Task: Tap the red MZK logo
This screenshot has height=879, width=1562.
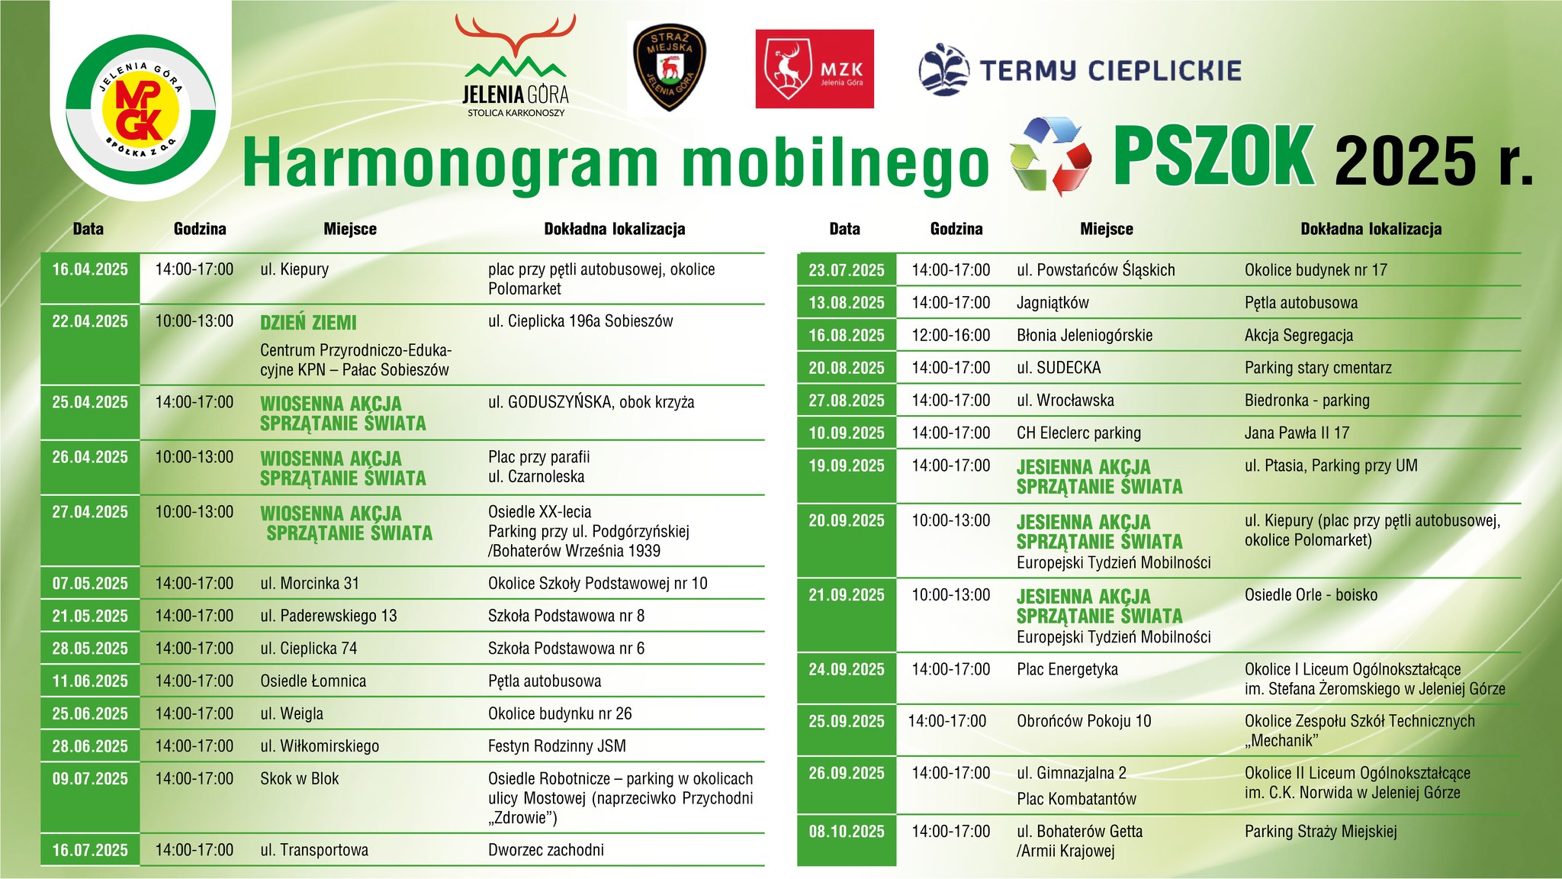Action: (814, 69)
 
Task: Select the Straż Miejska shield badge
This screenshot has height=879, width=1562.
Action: (670, 66)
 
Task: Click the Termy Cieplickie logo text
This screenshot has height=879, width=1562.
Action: (1110, 71)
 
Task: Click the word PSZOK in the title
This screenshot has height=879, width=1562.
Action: (1213, 156)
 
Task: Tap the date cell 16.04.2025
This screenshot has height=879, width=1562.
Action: (90, 269)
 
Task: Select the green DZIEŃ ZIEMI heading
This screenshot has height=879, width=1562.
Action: (308, 323)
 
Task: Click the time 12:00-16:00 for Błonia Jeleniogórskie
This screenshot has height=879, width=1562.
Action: (950, 335)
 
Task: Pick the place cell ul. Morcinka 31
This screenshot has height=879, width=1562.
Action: (310, 584)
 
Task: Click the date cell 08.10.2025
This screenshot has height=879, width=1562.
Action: (847, 832)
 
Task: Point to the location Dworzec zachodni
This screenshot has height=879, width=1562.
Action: (546, 850)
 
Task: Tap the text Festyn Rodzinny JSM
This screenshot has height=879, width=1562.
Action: (557, 746)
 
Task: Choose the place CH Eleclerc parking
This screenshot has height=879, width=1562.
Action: (1078, 433)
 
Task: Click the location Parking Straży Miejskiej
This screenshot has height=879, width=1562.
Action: (1320, 832)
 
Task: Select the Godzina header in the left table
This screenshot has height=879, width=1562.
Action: (200, 229)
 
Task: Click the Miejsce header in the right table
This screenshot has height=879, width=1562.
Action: (1106, 229)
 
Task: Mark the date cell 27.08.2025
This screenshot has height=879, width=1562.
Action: (847, 401)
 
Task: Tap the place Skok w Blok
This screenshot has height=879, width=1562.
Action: (300, 779)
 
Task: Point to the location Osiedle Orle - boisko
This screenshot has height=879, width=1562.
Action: (1311, 595)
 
